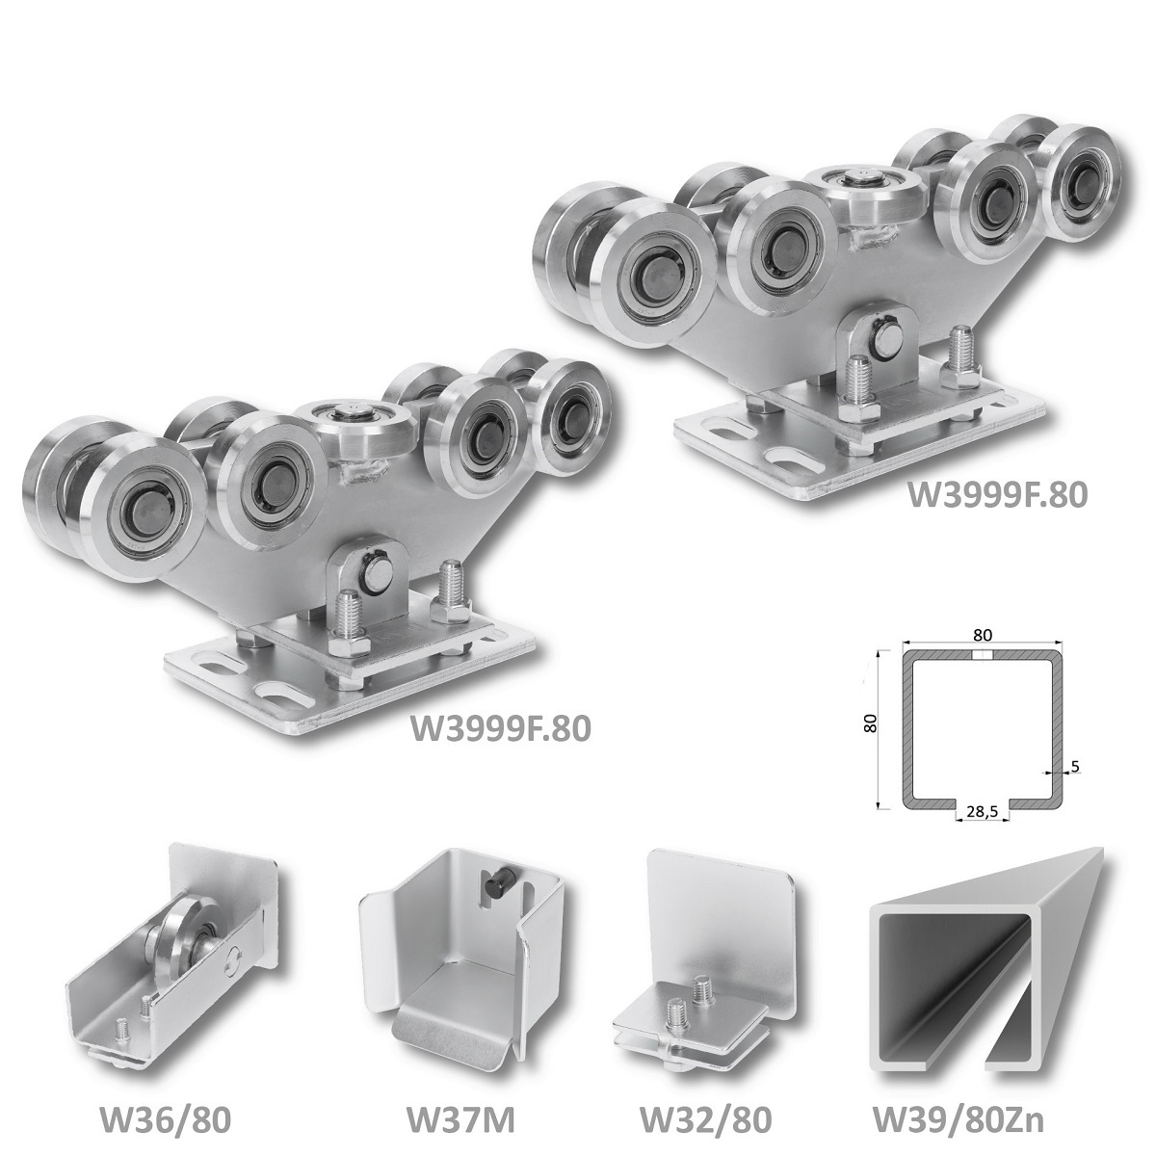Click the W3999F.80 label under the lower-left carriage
tap(500, 727)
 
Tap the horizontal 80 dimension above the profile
tap(982, 634)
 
